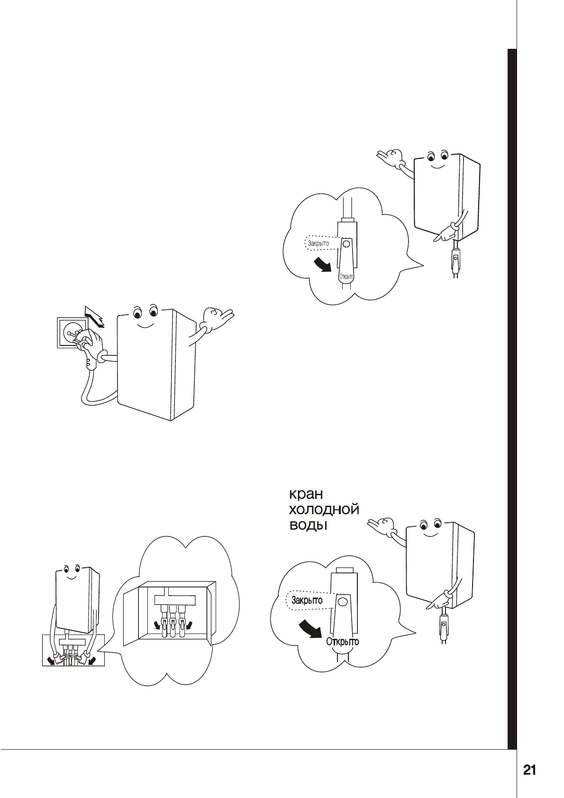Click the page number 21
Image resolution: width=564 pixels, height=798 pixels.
point(529,770)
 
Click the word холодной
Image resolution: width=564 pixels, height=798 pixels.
point(324,510)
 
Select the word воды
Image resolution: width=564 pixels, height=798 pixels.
point(309,526)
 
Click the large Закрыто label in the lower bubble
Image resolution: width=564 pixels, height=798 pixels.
point(307,600)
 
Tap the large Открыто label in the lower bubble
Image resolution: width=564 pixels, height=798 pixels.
point(342,642)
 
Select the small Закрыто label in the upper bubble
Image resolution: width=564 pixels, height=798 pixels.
point(318,244)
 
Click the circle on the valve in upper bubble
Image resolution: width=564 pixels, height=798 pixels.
point(346,245)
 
